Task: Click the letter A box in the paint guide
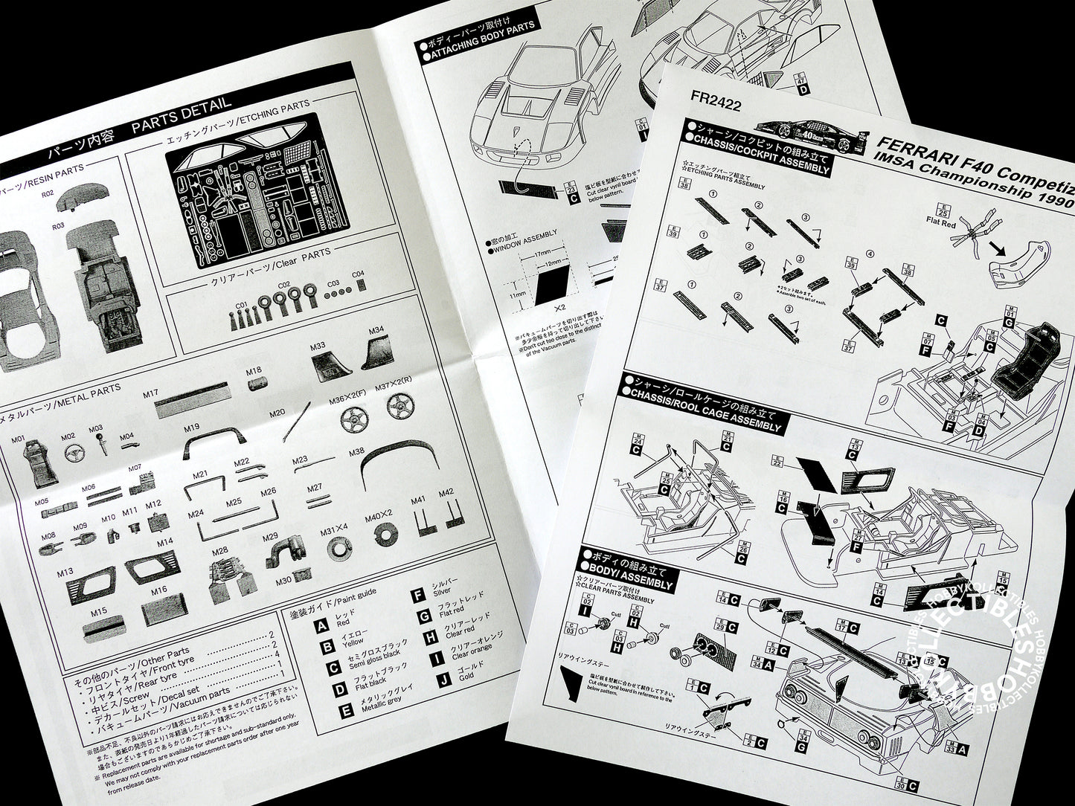[321, 627]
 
